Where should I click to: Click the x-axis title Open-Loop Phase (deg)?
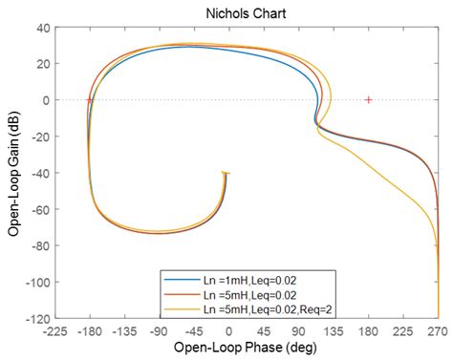coord(240,348)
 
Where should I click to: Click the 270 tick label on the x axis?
coord(437,328)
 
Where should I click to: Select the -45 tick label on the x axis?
coord(197,328)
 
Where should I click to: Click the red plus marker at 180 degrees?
coord(368,99)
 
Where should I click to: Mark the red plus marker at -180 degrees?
coord(89,99)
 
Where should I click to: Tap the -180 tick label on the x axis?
coord(91,328)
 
